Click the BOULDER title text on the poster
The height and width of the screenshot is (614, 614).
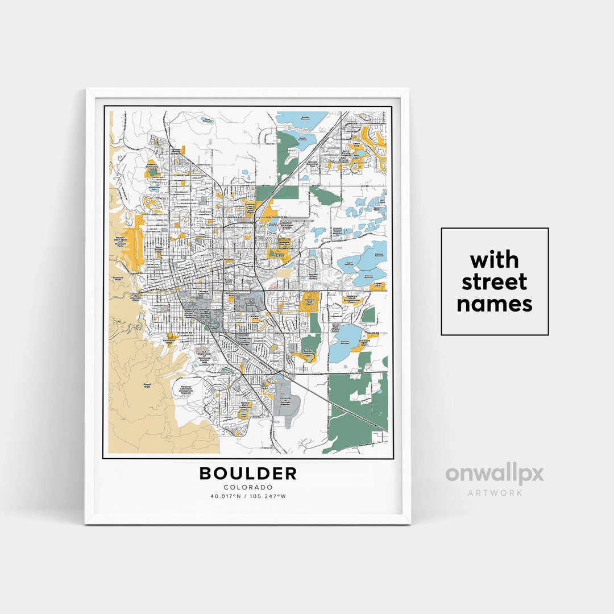(x=248, y=473)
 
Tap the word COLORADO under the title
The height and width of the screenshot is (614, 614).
(x=248, y=487)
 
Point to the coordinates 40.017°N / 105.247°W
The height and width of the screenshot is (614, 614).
(x=248, y=496)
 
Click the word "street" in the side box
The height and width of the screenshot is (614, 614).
(x=494, y=282)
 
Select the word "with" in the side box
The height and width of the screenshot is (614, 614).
(x=494, y=260)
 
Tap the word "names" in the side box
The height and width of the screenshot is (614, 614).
(x=494, y=304)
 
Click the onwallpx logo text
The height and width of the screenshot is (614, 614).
(x=494, y=474)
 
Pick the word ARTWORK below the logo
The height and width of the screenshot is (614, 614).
(x=495, y=492)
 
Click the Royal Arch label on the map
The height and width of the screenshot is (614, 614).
(x=148, y=385)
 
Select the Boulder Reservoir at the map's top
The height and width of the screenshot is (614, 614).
(x=301, y=119)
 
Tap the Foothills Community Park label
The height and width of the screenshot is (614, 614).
(x=152, y=166)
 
